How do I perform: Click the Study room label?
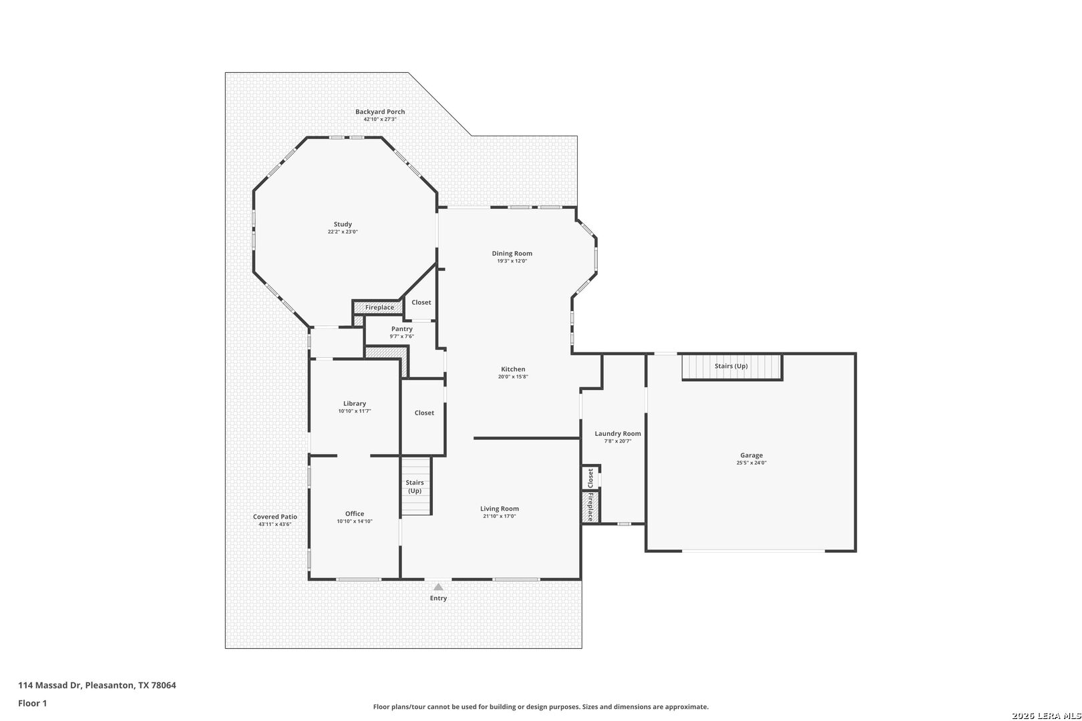pyautogui.click(x=343, y=224)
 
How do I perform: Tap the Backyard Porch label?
pyautogui.click(x=380, y=111)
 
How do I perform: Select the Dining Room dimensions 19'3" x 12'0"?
pyautogui.click(x=512, y=261)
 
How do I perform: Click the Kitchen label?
pyautogui.click(x=513, y=369)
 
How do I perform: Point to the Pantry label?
pyautogui.click(x=402, y=329)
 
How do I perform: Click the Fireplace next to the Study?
pyautogui.click(x=379, y=307)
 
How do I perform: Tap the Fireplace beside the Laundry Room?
pyautogui.click(x=590, y=507)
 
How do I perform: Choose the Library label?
pyautogui.click(x=355, y=404)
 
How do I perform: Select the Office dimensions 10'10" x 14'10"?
pyautogui.click(x=355, y=521)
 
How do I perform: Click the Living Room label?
pyautogui.click(x=500, y=509)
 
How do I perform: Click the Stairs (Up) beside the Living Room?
pyautogui.click(x=415, y=486)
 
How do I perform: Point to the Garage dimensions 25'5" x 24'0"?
pyautogui.click(x=751, y=463)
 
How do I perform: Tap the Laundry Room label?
pyautogui.click(x=618, y=434)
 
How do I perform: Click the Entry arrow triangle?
pyautogui.click(x=438, y=587)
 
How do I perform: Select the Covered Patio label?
pyautogui.click(x=275, y=517)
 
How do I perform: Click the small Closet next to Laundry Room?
pyautogui.click(x=590, y=478)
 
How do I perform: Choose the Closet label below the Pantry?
pyautogui.click(x=424, y=413)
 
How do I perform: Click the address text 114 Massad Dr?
pyautogui.click(x=50, y=685)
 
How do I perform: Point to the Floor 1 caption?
pyautogui.click(x=32, y=703)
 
